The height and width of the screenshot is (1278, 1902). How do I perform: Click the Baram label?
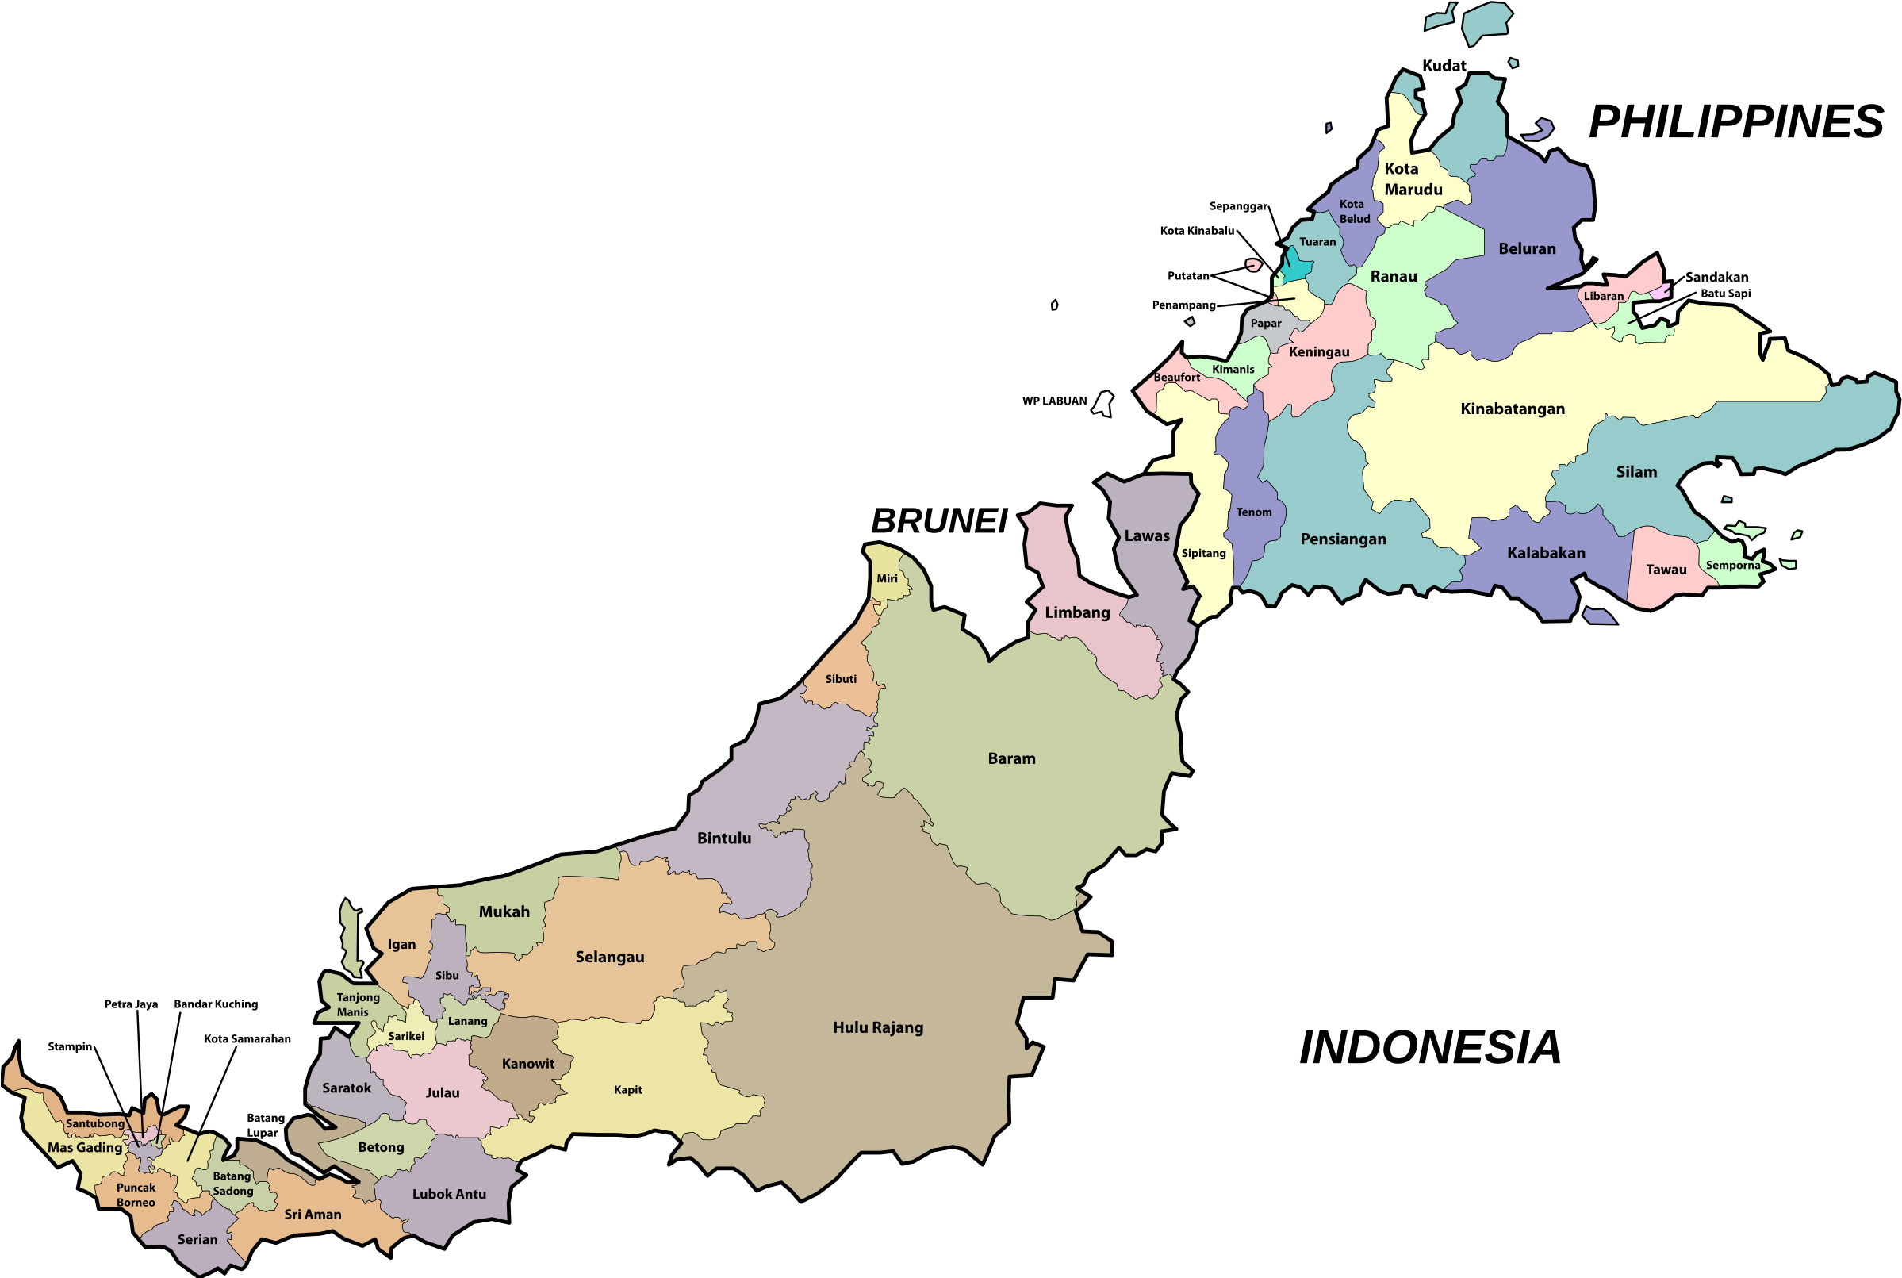tap(1011, 759)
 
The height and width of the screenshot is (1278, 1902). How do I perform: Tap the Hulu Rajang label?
tap(878, 1028)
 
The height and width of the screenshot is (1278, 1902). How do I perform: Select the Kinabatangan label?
tap(1513, 409)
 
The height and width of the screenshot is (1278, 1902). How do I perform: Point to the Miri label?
tap(887, 579)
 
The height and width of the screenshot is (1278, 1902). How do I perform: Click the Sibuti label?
tap(840, 679)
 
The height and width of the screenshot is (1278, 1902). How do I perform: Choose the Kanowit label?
tap(528, 1065)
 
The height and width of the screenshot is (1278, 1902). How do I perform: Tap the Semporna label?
tap(1733, 566)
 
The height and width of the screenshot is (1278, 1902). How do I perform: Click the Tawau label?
tap(1666, 570)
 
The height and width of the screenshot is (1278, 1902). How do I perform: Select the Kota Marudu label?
tap(1413, 179)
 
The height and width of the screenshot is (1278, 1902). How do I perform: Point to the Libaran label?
tap(1604, 297)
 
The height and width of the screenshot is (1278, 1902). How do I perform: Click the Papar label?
tap(1266, 324)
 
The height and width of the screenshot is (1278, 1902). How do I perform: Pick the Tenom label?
tap(1253, 512)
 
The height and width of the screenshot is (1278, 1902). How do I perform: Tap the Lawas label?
tap(1147, 536)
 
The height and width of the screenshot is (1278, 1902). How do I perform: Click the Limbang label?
tap(1077, 613)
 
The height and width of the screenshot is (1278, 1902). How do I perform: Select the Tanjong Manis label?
tap(357, 1005)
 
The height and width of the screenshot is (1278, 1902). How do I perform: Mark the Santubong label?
tap(95, 1124)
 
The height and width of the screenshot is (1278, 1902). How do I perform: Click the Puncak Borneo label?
tap(136, 1195)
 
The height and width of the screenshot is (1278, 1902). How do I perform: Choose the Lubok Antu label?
tap(449, 1195)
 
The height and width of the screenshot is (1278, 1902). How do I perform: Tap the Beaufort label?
tap(1176, 378)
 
